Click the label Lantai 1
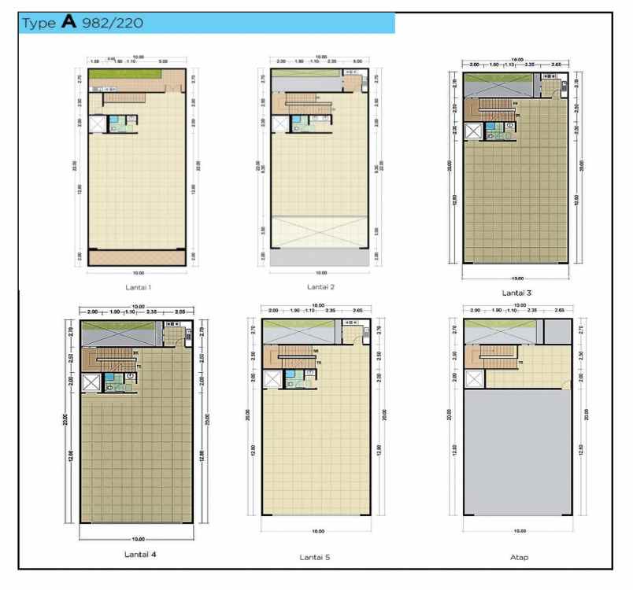(138, 287)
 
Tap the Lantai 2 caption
(320, 287)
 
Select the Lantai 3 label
(517, 293)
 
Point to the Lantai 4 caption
(140, 554)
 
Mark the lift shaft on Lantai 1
(98, 124)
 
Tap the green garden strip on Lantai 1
(126, 75)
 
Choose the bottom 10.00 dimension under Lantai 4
(139, 539)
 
